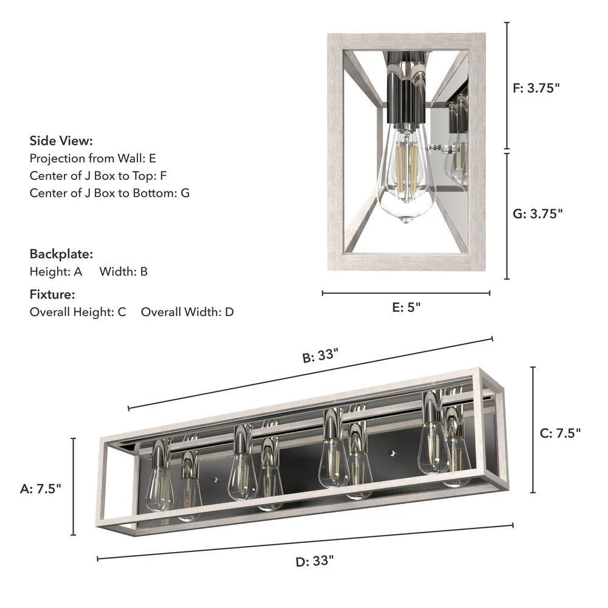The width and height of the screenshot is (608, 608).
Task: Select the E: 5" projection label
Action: pyautogui.click(x=406, y=308)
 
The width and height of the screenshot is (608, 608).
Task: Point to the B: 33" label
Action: pyautogui.click(x=320, y=356)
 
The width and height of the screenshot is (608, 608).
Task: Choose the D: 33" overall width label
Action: pyautogui.click(x=315, y=561)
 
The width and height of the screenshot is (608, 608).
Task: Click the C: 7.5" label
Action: pyautogui.click(x=561, y=433)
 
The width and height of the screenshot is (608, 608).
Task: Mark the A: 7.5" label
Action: pyautogui.click(x=41, y=488)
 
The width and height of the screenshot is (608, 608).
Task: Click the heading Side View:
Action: pyautogui.click(x=61, y=141)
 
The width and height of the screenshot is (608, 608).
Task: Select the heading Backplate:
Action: pyautogui.click(x=61, y=254)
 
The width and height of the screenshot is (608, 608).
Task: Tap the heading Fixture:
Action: pyautogui.click(x=52, y=295)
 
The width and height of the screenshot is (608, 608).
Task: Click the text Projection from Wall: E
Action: pyautogui.click(x=93, y=158)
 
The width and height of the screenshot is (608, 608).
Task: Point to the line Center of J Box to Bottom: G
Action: pyautogui.click(x=110, y=193)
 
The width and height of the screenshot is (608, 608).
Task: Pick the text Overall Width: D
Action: pyautogui.click(x=187, y=313)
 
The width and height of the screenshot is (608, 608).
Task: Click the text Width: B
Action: pyautogui.click(x=123, y=271)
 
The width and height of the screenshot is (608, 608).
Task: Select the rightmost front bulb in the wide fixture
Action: pyautogui.click(x=433, y=447)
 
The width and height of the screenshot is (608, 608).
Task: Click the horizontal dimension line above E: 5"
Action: pyautogui.click(x=406, y=293)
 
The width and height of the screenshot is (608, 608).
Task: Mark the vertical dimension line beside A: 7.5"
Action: pyautogui.click(x=74, y=486)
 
